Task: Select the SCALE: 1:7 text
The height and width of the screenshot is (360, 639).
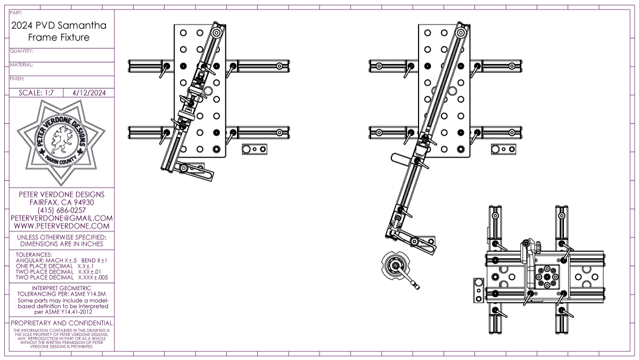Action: pyautogui.click(x=36, y=93)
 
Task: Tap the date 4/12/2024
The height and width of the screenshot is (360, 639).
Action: pyautogui.click(x=88, y=93)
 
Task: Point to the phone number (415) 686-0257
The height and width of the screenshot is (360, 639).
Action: pyautogui.click(x=61, y=210)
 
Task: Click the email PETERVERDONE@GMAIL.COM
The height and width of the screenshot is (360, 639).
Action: pyautogui.click(x=61, y=218)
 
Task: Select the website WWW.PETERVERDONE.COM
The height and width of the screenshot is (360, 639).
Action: pyautogui.click(x=61, y=226)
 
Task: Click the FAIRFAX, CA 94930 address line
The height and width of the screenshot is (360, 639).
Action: pyautogui.click(x=61, y=202)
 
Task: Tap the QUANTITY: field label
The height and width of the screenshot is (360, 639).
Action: pyautogui.click(x=22, y=52)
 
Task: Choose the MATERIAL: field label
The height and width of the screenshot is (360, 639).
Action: pyautogui.click(x=22, y=65)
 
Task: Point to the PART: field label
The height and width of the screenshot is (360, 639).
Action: pyautogui.click(x=16, y=12)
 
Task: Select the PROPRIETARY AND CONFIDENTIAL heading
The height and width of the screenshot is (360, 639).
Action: pyautogui.click(x=62, y=323)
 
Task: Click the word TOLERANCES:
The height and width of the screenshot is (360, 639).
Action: pyautogui.click(x=34, y=255)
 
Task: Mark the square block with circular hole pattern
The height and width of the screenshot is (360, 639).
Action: pyautogui.click(x=547, y=277)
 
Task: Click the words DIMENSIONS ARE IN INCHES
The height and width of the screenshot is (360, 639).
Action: pyautogui.click(x=61, y=243)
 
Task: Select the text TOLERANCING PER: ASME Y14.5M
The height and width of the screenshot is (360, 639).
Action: pyautogui.click(x=61, y=293)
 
